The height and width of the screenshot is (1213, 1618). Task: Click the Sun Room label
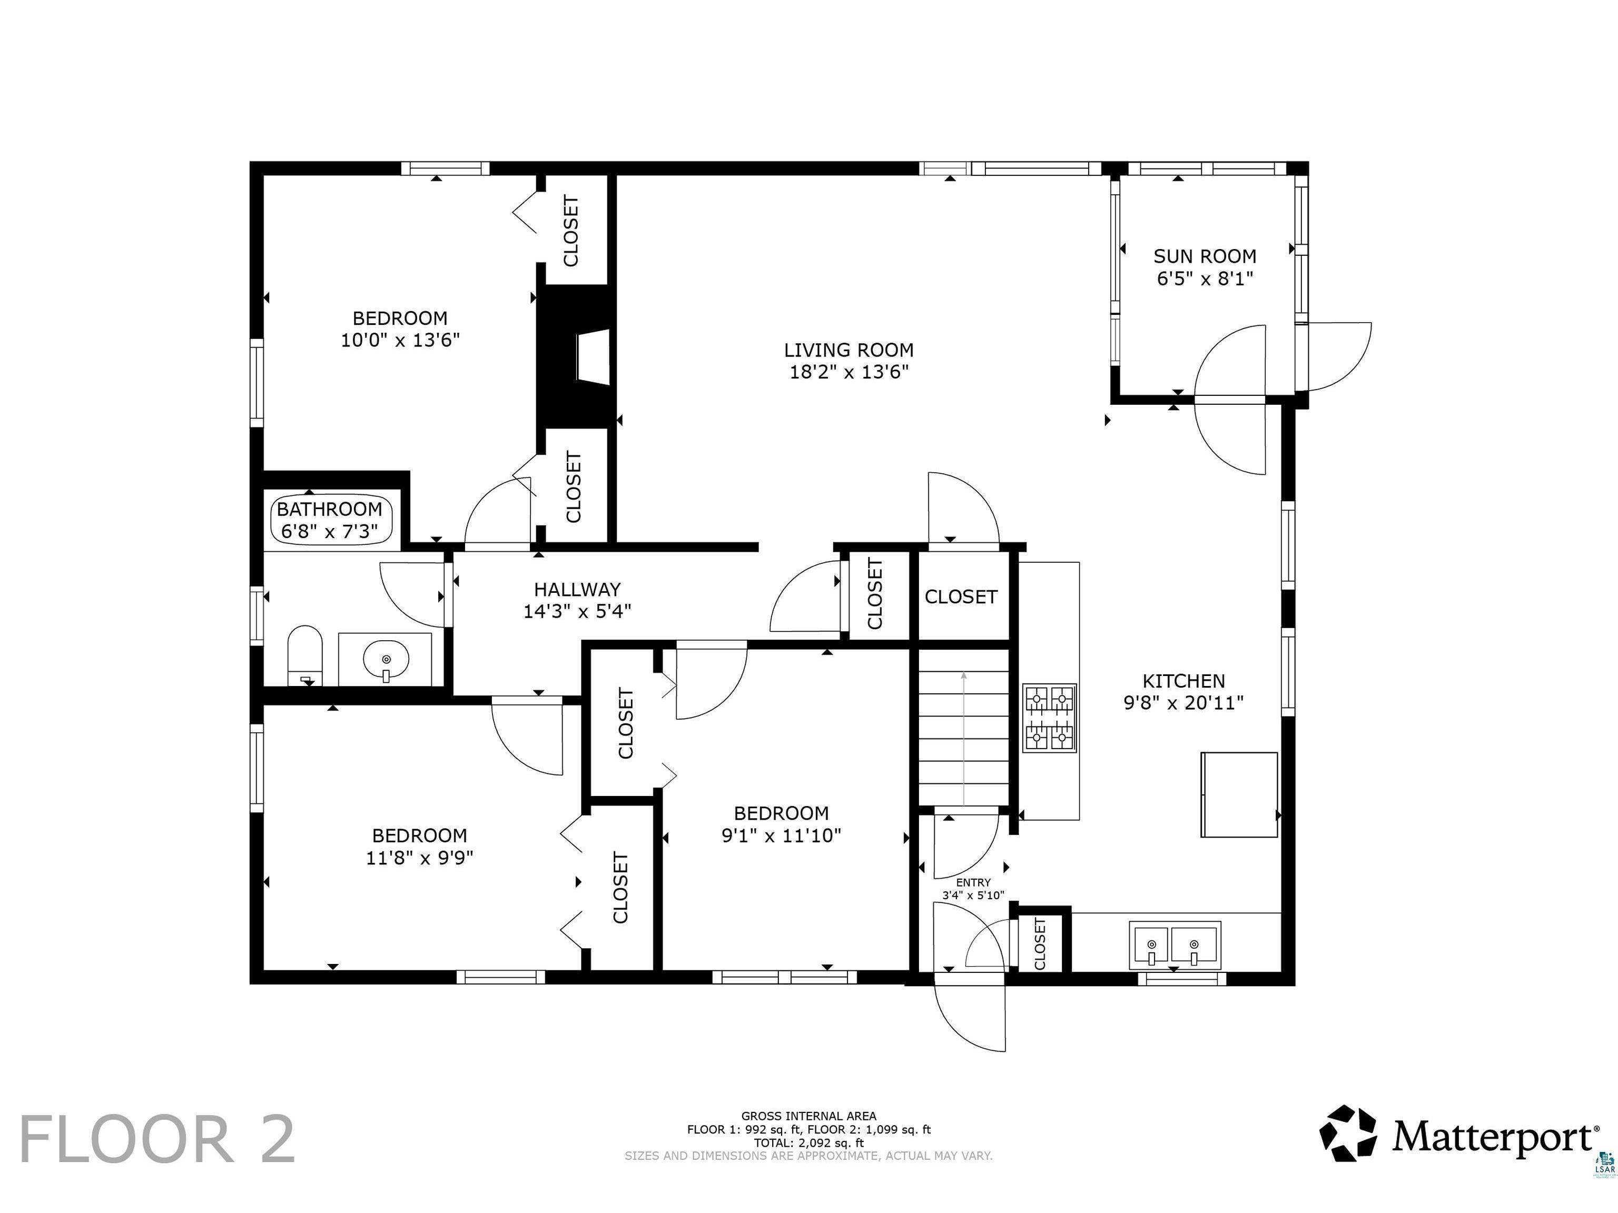point(1205,256)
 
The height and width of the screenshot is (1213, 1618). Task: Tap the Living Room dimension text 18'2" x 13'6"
point(849,372)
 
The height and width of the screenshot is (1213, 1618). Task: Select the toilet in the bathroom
point(305,655)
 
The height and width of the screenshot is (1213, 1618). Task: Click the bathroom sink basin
point(386,660)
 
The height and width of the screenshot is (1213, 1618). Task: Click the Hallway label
point(577,589)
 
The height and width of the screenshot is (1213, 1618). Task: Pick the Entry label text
point(973,882)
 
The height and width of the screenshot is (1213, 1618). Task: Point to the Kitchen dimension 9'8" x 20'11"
point(1183,703)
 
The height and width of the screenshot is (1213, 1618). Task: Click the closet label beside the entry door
point(1040,943)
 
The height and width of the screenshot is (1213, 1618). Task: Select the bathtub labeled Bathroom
point(332,520)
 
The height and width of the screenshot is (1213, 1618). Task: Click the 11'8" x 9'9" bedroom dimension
point(420,858)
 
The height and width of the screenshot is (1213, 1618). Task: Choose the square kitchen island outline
point(1239,795)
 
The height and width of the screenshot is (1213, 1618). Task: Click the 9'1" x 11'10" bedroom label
point(781,836)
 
